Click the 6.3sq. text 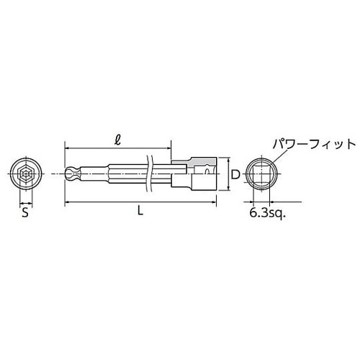tap(266, 214)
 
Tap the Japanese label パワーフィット tap(312, 144)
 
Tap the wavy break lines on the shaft tap(150, 173)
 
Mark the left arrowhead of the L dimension tap(67, 204)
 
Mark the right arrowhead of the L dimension tap(215, 204)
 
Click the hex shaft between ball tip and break tap(108, 173)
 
